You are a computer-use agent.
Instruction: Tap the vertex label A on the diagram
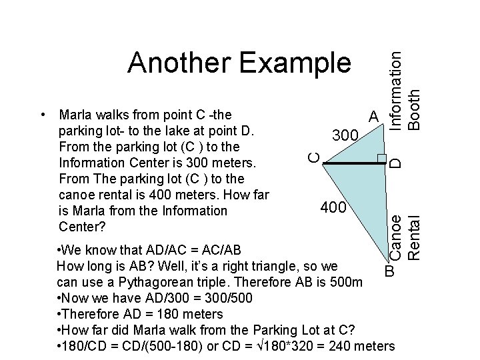(374, 117)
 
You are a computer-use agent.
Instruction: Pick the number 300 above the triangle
(346, 136)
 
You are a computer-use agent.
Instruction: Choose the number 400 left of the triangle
(333, 208)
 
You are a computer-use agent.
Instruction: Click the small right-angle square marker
(382, 159)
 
